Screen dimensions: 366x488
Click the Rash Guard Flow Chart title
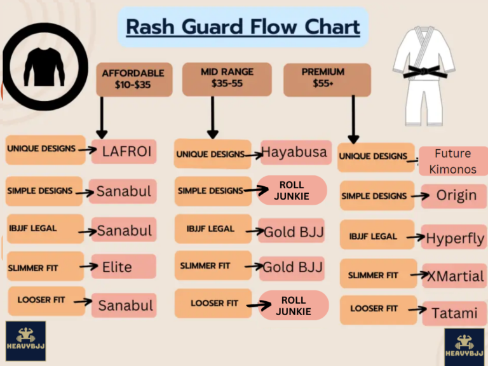243,27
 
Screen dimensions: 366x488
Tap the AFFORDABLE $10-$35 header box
133,79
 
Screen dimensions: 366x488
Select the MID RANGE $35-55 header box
222,78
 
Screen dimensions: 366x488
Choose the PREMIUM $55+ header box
326,78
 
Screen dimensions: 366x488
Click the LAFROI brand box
124,151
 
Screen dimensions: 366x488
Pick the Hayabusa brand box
295,152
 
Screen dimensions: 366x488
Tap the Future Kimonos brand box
452,161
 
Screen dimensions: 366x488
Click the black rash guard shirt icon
44,64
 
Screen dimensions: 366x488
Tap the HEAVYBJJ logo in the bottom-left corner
25,341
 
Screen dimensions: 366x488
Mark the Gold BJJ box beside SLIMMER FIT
294,267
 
